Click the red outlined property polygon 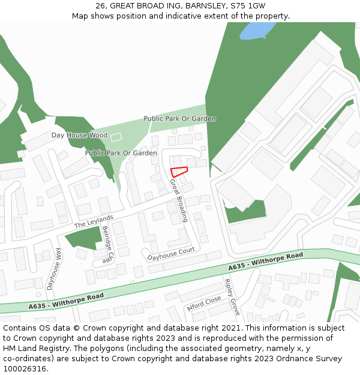179,171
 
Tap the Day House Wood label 79,136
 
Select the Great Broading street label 178,200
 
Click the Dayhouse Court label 172,253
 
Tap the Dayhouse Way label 54,269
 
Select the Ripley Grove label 232,297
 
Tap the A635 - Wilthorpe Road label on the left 66,301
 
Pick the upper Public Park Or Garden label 179,119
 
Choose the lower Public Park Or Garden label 121,153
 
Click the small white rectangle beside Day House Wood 116,137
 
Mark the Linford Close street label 205,302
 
